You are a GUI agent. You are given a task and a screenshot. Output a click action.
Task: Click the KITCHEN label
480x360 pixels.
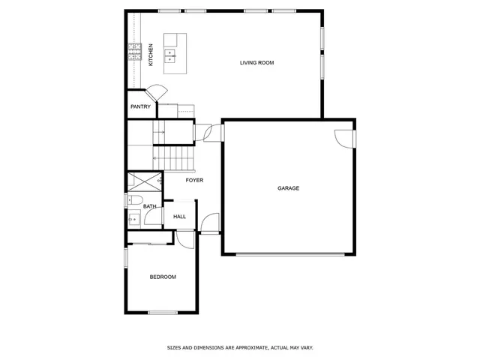pyautogui.click(x=151, y=54)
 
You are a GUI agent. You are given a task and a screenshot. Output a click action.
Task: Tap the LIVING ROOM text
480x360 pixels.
pyautogui.click(x=256, y=63)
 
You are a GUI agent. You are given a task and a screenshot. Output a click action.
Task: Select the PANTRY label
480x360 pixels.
pyautogui.click(x=140, y=106)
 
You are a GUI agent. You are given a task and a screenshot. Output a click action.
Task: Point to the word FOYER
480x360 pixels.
pyautogui.click(x=194, y=180)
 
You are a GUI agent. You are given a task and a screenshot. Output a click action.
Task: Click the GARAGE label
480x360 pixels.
pyautogui.click(x=288, y=188)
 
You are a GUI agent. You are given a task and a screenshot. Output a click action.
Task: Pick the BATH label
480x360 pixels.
pyautogui.click(x=150, y=206)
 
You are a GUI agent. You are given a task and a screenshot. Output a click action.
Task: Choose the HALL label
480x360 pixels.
pyautogui.click(x=180, y=217)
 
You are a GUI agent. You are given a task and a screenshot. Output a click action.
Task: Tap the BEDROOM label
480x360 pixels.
pyautogui.click(x=163, y=277)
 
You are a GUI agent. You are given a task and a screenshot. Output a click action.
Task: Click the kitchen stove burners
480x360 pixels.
pyautogui.click(x=134, y=51)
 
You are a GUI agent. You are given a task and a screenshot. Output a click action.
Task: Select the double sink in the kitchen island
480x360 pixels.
pyautogui.click(x=171, y=53)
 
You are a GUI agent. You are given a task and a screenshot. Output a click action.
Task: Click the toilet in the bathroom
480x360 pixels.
pyautogui.click(x=132, y=199)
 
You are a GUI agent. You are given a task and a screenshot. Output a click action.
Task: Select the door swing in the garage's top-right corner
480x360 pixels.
pyautogui.click(x=344, y=138)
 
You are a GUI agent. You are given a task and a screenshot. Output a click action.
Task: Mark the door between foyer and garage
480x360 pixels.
pyautogui.click(x=212, y=132)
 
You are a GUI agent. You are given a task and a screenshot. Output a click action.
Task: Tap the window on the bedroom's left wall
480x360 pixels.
pyautogui.click(x=125, y=257)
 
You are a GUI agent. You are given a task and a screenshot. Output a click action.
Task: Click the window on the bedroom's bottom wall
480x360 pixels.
pyautogui.click(x=163, y=312)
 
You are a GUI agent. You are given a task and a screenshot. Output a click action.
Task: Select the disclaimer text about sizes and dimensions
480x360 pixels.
pyautogui.click(x=239, y=347)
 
